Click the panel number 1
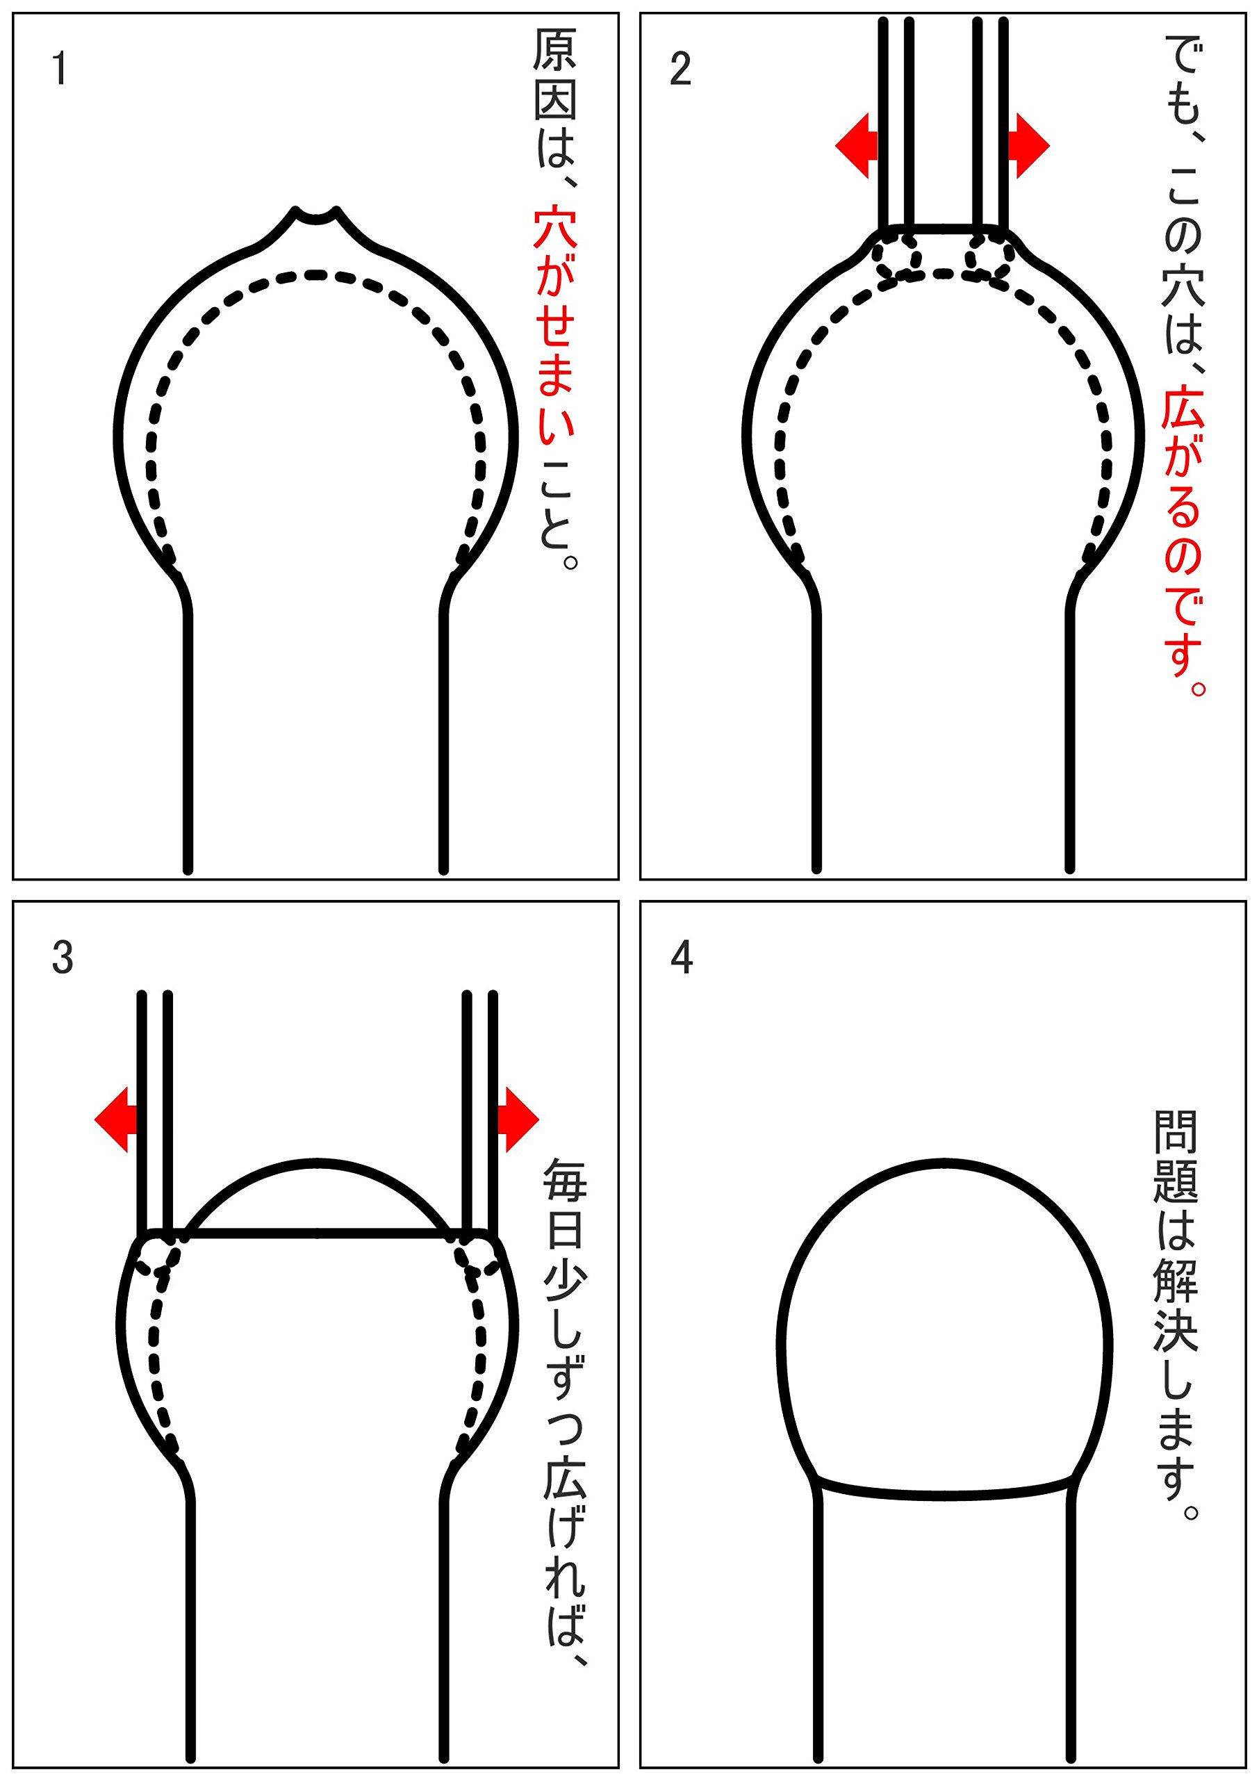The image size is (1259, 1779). (x=59, y=69)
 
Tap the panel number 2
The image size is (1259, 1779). (x=680, y=69)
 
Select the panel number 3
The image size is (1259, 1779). (x=62, y=958)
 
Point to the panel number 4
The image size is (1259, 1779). (x=681, y=958)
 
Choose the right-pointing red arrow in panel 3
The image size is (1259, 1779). (x=518, y=1120)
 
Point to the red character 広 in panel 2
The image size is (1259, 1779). (x=1183, y=408)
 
